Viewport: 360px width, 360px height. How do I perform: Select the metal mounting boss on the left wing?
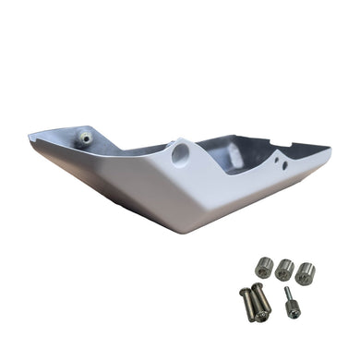[86, 138]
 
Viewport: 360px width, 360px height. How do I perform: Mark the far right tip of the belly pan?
[330, 145]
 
